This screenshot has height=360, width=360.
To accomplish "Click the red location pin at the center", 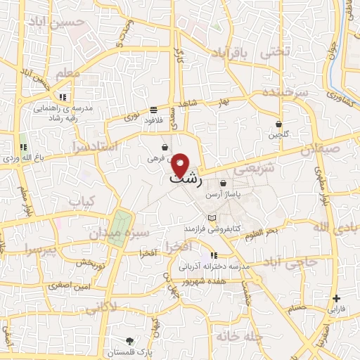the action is pyautogui.click(x=181, y=165).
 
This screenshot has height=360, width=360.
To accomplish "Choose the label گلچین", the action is pyautogui.click(x=279, y=134).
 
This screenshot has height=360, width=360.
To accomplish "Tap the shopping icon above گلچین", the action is pyautogui.click(x=279, y=124).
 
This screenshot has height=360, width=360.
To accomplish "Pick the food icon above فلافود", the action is pyautogui.click(x=153, y=109).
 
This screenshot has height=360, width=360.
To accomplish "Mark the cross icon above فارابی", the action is pyautogui.click(x=337, y=298).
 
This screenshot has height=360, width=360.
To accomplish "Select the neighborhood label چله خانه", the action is pyautogui.click(x=239, y=337).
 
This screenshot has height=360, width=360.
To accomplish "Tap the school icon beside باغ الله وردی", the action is pyautogui.click(x=22, y=147).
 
